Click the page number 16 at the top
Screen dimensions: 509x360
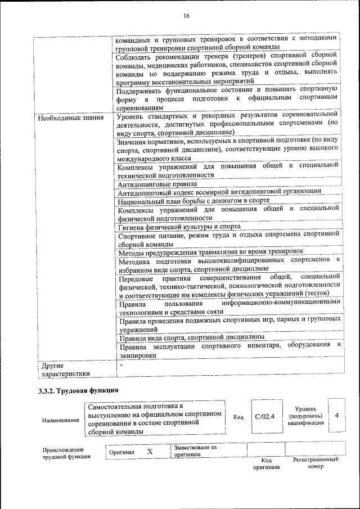click(x=186, y=16)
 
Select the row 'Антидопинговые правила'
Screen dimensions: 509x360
click(x=157, y=183)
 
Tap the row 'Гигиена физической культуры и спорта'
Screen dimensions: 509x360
click(x=179, y=227)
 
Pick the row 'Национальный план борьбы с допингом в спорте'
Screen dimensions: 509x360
click(x=193, y=200)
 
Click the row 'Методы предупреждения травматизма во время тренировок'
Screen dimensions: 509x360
click(x=210, y=251)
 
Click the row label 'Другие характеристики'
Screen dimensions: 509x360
click(x=62, y=369)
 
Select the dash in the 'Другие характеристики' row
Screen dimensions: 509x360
click(x=120, y=365)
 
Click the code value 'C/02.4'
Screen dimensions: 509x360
click(x=264, y=416)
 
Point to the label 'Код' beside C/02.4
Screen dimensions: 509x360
click(x=238, y=417)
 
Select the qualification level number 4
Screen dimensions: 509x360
click(x=336, y=415)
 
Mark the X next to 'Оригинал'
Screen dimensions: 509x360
click(x=150, y=452)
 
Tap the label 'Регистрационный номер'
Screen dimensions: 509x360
click(x=316, y=463)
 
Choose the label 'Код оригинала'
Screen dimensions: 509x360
click(x=266, y=463)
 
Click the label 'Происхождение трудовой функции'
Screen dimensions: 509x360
click(x=64, y=453)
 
